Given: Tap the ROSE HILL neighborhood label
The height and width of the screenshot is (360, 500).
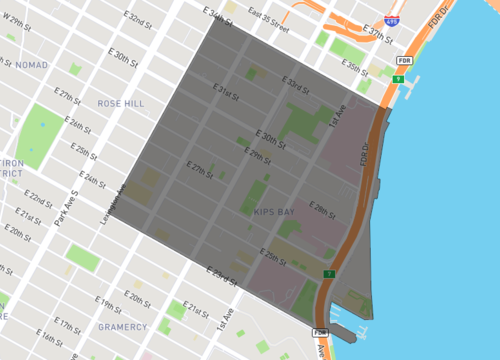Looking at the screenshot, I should pyautogui.click(x=121, y=103).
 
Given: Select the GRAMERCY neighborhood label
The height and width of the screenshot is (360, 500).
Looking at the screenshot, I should pyautogui.click(x=123, y=327).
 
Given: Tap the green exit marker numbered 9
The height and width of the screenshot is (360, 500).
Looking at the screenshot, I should pyautogui.click(x=398, y=79).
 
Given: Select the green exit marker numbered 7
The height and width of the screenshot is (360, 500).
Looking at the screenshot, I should pyautogui.click(x=329, y=273).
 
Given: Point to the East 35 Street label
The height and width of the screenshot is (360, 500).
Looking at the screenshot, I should pyautogui.click(x=269, y=20).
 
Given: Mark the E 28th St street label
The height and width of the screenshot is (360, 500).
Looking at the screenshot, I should pyautogui.click(x=323, y=212).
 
